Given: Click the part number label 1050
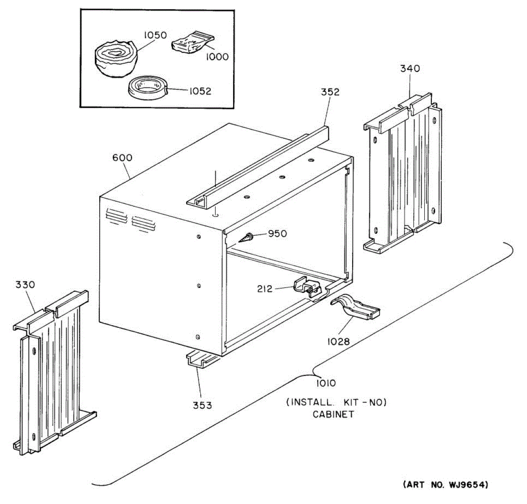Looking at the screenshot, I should (156, 35).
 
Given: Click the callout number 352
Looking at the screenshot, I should (330, 92).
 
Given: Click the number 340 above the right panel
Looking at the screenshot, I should (410, 69).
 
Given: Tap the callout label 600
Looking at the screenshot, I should (122, 158).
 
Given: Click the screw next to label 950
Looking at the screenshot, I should (246, 237).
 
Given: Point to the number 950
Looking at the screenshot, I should (277, 234).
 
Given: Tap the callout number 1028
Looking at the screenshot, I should (338, 341).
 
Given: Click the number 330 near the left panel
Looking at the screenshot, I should (25, 285).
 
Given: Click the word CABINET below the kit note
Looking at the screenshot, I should (333, 414).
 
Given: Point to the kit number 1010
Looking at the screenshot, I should (326, 383).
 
